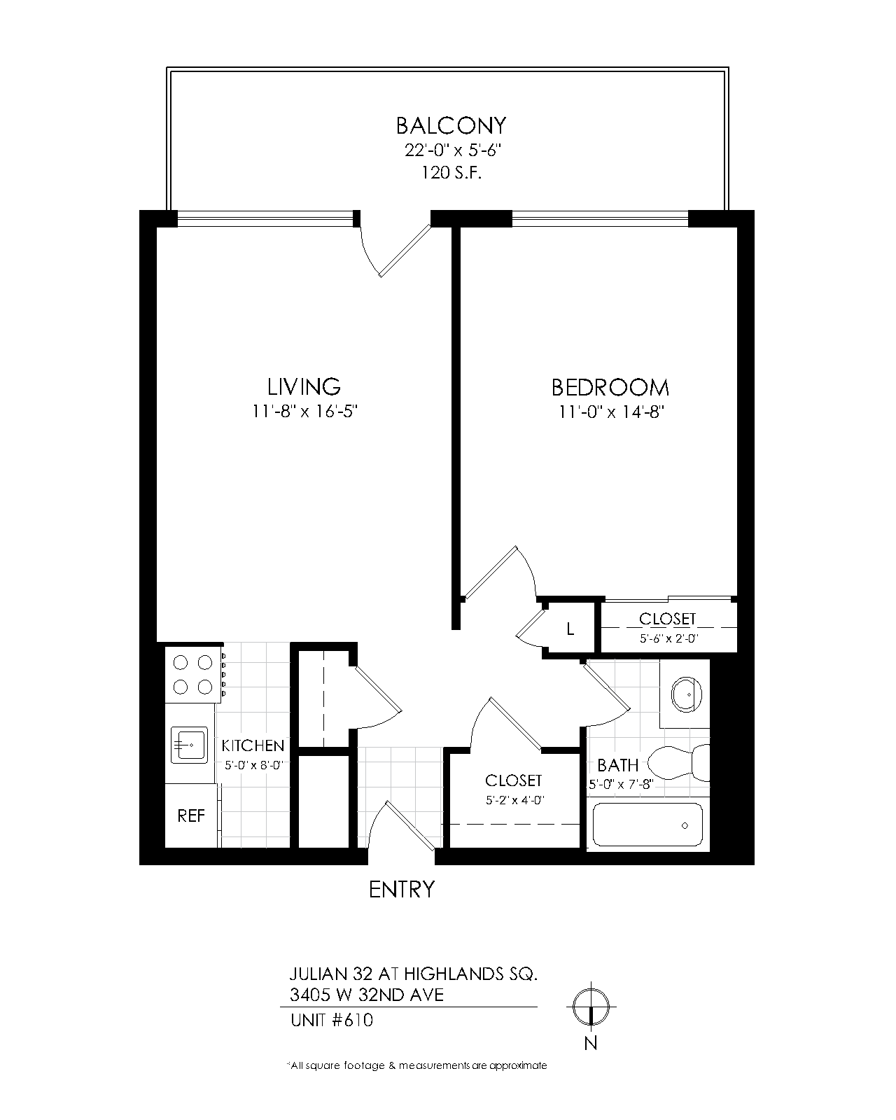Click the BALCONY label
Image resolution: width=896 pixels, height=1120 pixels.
pyautogui.click(x=451, y=125)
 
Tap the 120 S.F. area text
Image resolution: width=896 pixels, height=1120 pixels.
pyautogui.click(x=451, y=173)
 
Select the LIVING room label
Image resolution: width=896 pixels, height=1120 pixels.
pyautogui.click(x=304, y=386)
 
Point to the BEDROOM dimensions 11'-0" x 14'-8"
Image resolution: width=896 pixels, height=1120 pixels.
pyautogui.click(x=612, y=412)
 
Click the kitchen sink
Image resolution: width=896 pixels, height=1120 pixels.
pyautogui.click(x=189, y=745)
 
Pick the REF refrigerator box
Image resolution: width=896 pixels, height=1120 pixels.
pyautogui.click(x=191, y=815)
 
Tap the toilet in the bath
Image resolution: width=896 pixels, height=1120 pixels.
pyautogui.click(x=678, y=763)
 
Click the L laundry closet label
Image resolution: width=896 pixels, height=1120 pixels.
pyautogui.click(x=570, y=629)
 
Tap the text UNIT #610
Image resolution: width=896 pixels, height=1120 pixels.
pyautogui.click(x=332, y=1020)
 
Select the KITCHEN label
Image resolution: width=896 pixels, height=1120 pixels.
pyautogui.click(x=253, y=745)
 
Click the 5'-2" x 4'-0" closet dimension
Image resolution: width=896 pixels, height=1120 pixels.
pyautogui.click(x=515, y=800)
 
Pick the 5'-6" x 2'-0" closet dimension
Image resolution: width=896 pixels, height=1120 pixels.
pyautogui.click(x=668, y=638)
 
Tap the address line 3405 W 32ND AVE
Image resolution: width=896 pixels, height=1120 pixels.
pyautogui.click(x=367, y=995)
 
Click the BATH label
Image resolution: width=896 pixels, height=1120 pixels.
pyautogui.click(x=617, y=765)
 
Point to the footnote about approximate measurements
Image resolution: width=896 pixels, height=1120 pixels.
pyautogui.click(x=416, y=1065)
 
